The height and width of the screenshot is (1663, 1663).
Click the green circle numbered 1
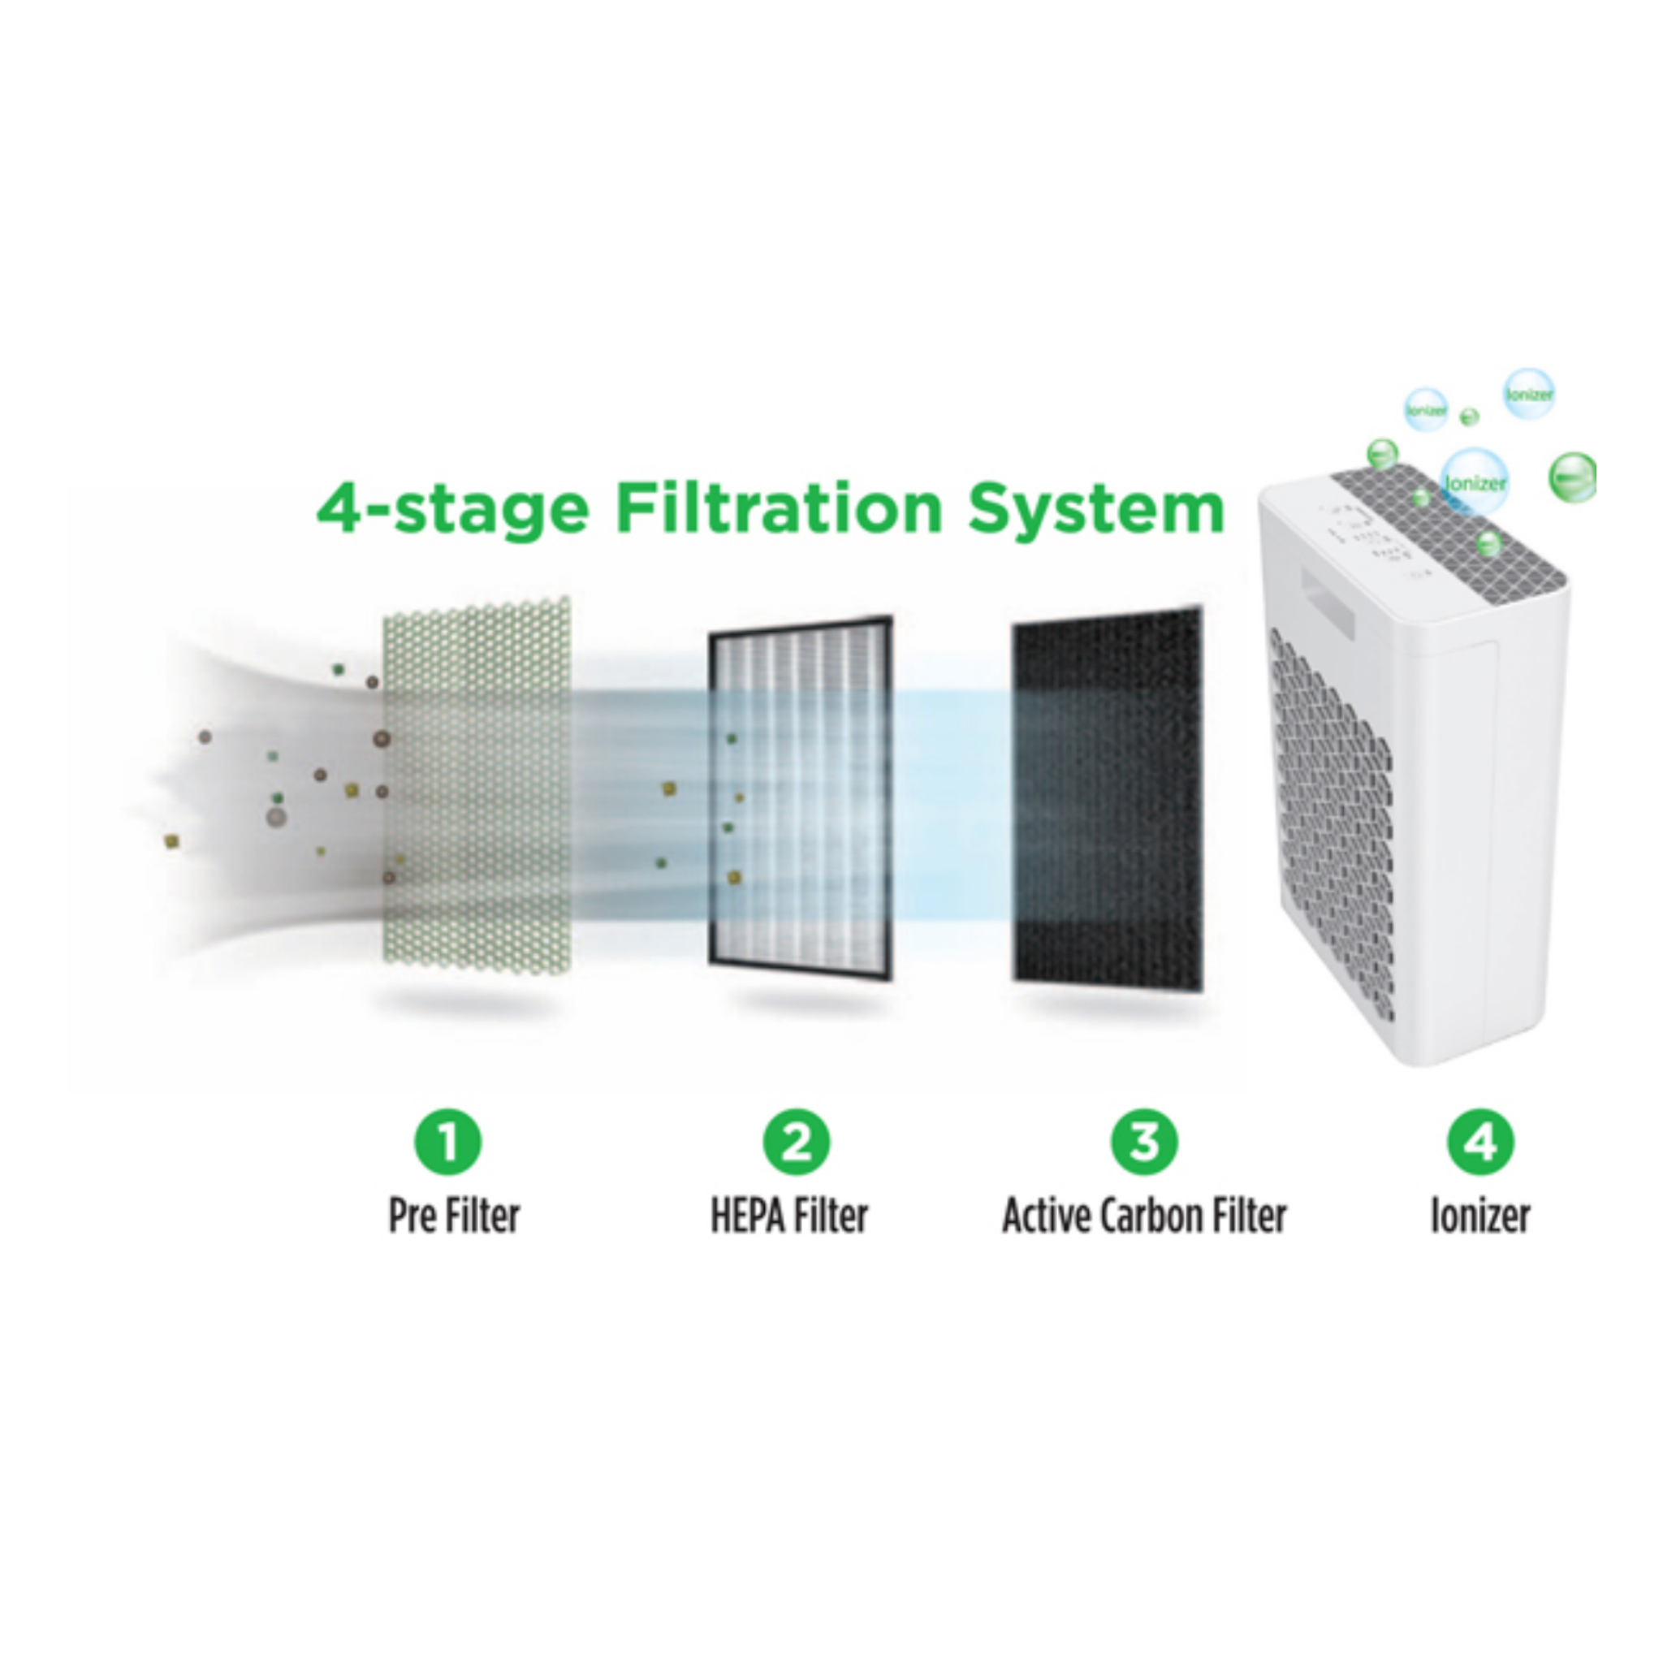pyautogui.click(x=448, y=1143)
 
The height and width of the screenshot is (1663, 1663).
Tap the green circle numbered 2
pyautogui.click(x=797, y=1143)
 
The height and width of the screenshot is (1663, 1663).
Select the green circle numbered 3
pyautogui.click(x=1144, y=1143)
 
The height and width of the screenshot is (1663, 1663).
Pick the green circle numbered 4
pyautogui.click(x=1480, y=1143)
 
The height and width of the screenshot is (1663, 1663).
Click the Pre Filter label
pyautogui.click(x=454, y=1216)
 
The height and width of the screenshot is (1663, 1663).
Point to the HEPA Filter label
pyautogui.click(x=788, y=1216)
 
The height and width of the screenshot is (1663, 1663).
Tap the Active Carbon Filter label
pyautogui.click(x=1144, y=1216)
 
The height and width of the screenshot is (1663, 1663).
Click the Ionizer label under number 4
pyautogui.click(x=1479, y=1216)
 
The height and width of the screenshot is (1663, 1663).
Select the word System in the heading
pyautogui.click(x=1095, y=511)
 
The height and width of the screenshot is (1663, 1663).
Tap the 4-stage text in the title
pyautogui.click(x=452, y=511)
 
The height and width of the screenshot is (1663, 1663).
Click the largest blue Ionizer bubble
pyautogui.click(x=1475, y=482)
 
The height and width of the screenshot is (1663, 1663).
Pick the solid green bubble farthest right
pyautogui.click(x=1572, y=476)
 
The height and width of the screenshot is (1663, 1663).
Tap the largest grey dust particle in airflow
pyautogui.click(x=275, y=817)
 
